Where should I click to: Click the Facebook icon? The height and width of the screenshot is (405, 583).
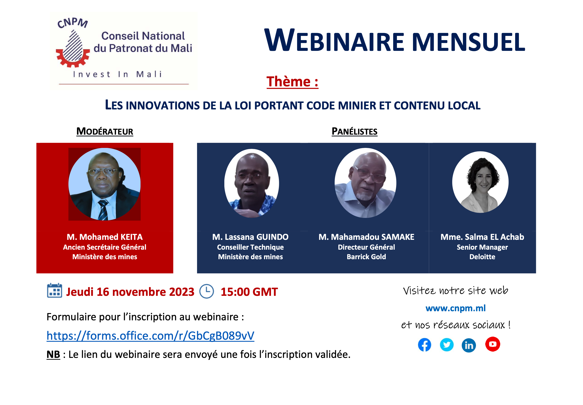[424, 345]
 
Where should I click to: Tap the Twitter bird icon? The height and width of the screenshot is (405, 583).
[446, 345]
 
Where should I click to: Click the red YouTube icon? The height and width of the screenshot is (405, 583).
[492, 344]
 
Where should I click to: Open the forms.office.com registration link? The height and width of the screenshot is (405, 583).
[150, 335]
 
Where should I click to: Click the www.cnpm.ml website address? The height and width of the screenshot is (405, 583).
[455, 308]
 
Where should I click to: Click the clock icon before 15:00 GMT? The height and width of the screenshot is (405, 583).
[206, 291]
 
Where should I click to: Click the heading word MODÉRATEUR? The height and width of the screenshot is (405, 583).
[105, 131]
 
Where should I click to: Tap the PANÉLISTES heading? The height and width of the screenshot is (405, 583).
[354, 131]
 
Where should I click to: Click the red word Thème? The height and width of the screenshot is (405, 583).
[288, 81]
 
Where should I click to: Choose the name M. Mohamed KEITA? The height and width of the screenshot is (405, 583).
[105, 237]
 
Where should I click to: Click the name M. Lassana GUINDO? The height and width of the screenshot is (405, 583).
[250, 237]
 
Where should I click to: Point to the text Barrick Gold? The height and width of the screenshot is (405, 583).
[366, 257]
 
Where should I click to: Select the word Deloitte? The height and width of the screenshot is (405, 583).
[482, 257]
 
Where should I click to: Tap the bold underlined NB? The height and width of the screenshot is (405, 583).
[53, 354]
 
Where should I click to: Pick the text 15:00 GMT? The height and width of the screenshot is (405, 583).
[249, 292]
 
